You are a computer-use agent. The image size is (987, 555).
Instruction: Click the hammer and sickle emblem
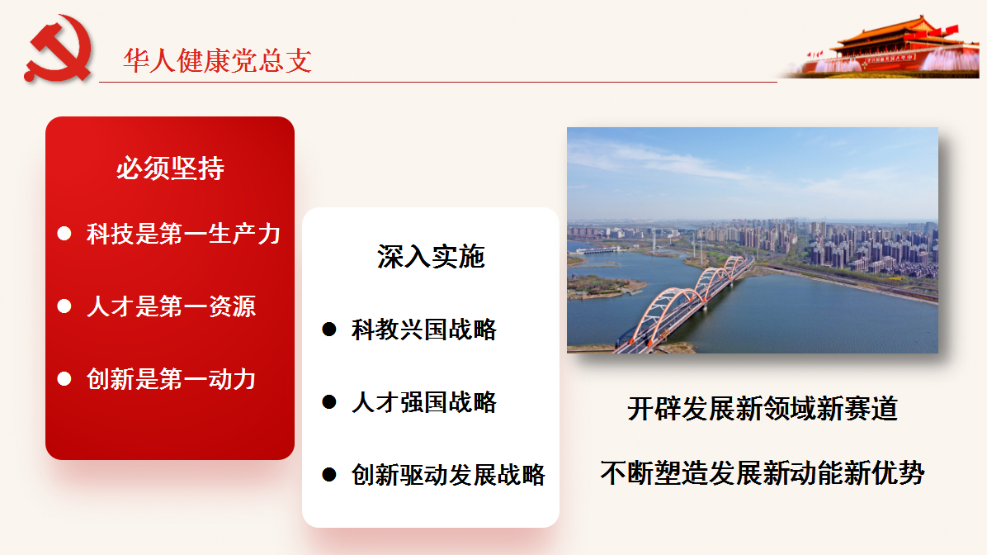pyautogui.click(x=58, y=49)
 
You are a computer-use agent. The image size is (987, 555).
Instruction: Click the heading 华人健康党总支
pyautogui.click(x=217, y=60)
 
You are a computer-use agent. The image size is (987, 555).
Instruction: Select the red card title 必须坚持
pyautogui.click(x=170, y=168)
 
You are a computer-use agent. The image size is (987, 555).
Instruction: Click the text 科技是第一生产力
pyautogui.click(x=183, y=234)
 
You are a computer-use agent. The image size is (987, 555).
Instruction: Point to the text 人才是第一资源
pyautogui.click(x=171, y=306)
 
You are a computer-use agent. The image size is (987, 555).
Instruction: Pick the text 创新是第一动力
pyautogui.click(x=171, y=378)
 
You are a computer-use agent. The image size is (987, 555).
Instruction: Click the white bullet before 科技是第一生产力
pyautogui.click(x=64, y=234)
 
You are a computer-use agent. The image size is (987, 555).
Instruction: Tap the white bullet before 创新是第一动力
pyautogui.click(x=64, y=378)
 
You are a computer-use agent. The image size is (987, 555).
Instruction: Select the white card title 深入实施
pyautogui.click(x=431, y=256)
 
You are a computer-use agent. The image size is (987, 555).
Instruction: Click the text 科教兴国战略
pyautogui.click(x=423, y=330)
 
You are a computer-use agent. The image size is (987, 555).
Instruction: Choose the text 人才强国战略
pyautogui.click(x=423, y=402)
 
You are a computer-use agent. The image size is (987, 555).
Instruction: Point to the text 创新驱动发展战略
pyautogui.click(x=448, y=474)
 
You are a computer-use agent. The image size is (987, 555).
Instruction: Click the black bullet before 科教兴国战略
pyautogui.click(x=329, y=330)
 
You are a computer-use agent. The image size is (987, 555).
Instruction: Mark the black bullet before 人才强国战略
pyautogui.click(x=329, y=402)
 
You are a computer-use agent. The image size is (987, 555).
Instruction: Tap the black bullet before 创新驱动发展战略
pyautogui.click(x=329, y=474)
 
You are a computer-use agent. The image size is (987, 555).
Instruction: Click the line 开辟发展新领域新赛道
pyautogui.click(x=763, y=409)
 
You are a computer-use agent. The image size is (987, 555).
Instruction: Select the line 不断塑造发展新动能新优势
pyautogui.click(x=763, y=472)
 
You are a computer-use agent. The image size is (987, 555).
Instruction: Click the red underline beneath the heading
pyautogui.click(x=438, y=82)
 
